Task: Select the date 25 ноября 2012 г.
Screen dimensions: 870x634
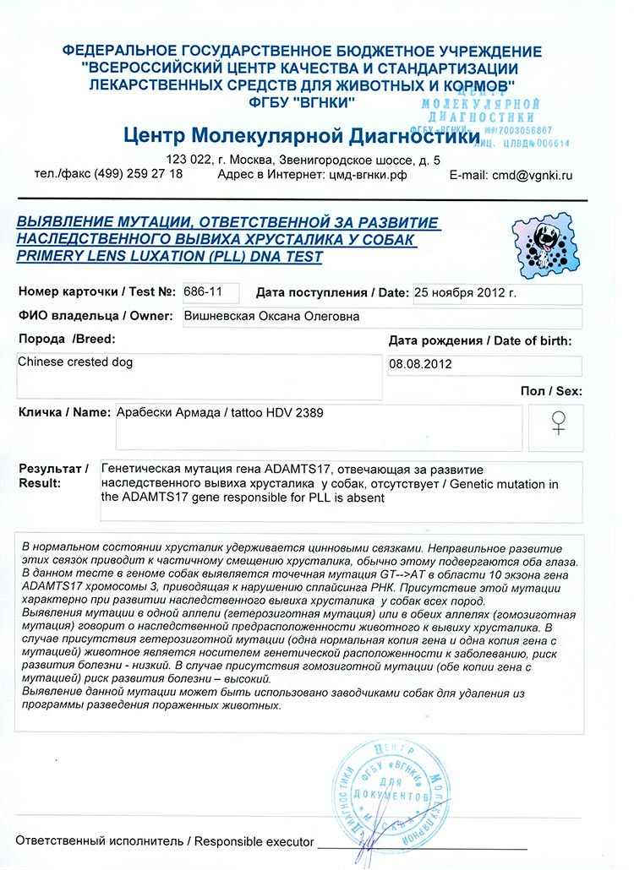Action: (x=464, y=293)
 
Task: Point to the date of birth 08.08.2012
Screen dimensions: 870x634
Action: (x=421, y=365)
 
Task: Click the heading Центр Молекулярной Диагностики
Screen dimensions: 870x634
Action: (x=301, y=135)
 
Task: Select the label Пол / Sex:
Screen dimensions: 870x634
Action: (x=551, y=391)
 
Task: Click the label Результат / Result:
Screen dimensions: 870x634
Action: (x=52, y=475)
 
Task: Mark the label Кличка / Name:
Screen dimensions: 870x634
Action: (x=63, y=412)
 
